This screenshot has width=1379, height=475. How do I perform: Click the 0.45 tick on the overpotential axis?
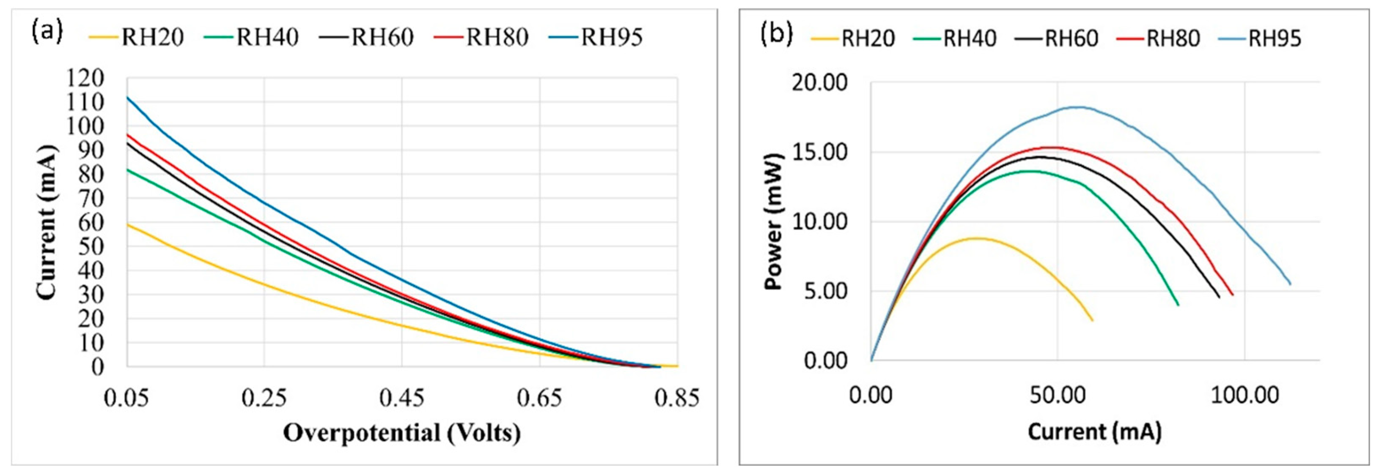pyautogui.click(x=401, y=399)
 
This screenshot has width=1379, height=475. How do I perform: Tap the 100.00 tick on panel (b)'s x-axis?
pyautogui.click(x=1244, y=395)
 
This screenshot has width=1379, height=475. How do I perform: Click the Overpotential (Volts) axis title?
pyautogui.click(x=401, y=433)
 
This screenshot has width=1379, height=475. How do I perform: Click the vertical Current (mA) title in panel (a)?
pyautogui.click(x=47, y=222)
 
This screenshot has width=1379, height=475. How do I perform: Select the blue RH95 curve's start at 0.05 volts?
pyautogui.click(x=127, y=97)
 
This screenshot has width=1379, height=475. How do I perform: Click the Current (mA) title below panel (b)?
pyautogui.click(x=1094, y=431)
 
